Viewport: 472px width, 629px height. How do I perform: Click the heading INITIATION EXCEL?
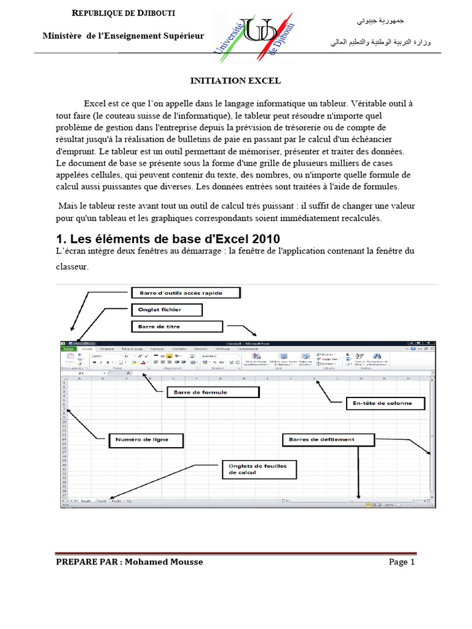(x=235, y=80)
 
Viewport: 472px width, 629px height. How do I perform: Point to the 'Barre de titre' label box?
(x=176, y=326)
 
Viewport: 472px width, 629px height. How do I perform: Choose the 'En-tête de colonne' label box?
(x=379, y=404)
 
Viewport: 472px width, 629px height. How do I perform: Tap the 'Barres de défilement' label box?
(x=328, y=439)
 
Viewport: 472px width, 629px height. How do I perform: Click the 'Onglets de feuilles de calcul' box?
(x=258, y=470)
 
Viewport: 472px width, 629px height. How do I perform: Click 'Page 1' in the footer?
(x=402, y=561)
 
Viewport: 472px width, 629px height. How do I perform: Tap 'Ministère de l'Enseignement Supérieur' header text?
(x=123, y=36)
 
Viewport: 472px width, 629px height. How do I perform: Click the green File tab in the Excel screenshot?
(x=68, y=348)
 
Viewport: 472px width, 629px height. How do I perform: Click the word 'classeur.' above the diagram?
(x=72, y=267)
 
